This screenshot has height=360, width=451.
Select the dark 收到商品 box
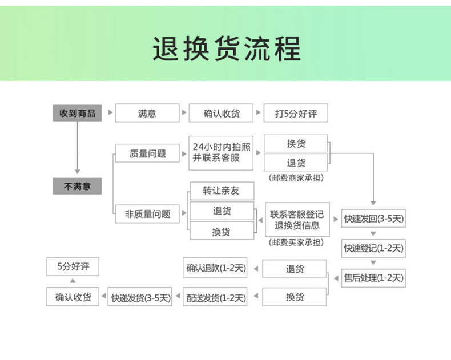(x=77, y=113)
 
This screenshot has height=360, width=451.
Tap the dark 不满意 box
(x=77, y=186)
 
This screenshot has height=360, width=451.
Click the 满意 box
(x=147, y=113)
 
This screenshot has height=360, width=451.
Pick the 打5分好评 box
(x=295, y=113)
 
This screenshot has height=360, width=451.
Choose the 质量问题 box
(x=147, y=153)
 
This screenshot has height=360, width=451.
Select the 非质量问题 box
(x=147, y=214)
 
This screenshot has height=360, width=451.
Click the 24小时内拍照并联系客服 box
(x=222, y=152)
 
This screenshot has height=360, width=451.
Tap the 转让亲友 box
(x=222, y=191)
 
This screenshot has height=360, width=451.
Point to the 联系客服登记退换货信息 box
(x=296, y=220)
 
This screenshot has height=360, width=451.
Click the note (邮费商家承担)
(x=296, y=178)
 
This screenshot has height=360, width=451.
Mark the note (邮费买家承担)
(x=296, y=242)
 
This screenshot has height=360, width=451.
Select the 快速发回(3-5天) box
(x=373, y=218)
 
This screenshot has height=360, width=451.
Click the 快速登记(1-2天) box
(x=373, y=248)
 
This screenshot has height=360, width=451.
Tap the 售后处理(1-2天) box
(x=373, y=278)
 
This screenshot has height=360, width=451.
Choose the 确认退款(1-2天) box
(x=215, y=268)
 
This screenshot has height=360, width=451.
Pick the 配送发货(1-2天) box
(x=215, y=297)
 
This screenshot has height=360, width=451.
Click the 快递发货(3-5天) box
(x=140, y=297)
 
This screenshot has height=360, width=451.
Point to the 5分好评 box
(x=73, y=266)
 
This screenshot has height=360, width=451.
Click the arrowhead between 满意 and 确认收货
(x=184, y=113)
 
